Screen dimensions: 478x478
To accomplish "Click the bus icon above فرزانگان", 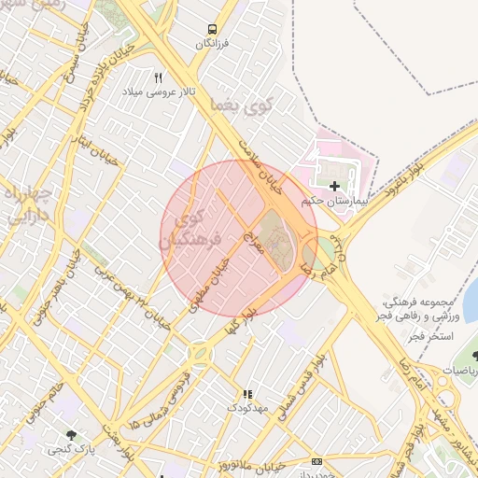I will point(213,29).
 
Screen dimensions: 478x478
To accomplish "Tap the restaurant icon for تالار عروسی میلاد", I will point(158,77).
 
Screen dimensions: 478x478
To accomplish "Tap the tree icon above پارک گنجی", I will point(71,434).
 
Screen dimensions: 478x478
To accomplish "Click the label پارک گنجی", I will point(71,449).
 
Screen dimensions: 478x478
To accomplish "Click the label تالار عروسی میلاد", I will point(157,93).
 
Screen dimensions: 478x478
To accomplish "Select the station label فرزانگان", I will point(213,44).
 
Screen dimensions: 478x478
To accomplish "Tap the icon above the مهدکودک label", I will point(247,395).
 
